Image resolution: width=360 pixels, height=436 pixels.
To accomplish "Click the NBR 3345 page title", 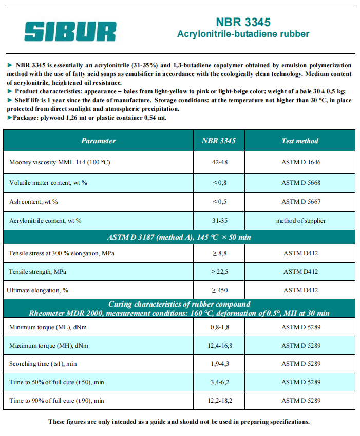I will [243, 22].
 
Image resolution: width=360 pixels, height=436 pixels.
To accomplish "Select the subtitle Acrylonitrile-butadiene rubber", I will [243, 34].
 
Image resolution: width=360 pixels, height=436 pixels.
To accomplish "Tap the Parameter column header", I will [99, 141].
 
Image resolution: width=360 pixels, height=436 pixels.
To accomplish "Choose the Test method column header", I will [300, 141].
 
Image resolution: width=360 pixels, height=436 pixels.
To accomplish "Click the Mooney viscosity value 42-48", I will [219, 162].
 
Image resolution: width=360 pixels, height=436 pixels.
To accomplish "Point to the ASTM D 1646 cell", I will [300, 162].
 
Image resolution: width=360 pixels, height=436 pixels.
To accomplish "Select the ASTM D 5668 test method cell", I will [300, 183].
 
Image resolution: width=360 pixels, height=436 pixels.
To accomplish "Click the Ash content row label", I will [33, 202].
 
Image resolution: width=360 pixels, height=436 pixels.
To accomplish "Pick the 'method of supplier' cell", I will [300, 221].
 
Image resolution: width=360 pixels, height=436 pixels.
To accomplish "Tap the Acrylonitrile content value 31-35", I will [219, 221].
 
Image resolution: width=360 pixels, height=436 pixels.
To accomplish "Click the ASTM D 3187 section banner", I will [179, 237].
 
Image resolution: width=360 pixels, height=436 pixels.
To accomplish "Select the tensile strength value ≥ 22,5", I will [219, 271].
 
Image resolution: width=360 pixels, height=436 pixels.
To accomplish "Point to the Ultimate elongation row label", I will [37, 290].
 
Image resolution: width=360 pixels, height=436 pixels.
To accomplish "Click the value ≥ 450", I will [219, 290].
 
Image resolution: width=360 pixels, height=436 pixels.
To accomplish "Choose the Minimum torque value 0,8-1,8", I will [219, 327].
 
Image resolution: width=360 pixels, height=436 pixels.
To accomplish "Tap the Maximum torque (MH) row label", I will [49, 346].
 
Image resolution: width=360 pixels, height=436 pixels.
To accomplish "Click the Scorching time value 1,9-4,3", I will [219, 364].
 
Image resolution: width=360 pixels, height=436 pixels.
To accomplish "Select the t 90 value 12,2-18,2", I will [219, 400].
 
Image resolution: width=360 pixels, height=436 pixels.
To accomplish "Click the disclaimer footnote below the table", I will [179, 422].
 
